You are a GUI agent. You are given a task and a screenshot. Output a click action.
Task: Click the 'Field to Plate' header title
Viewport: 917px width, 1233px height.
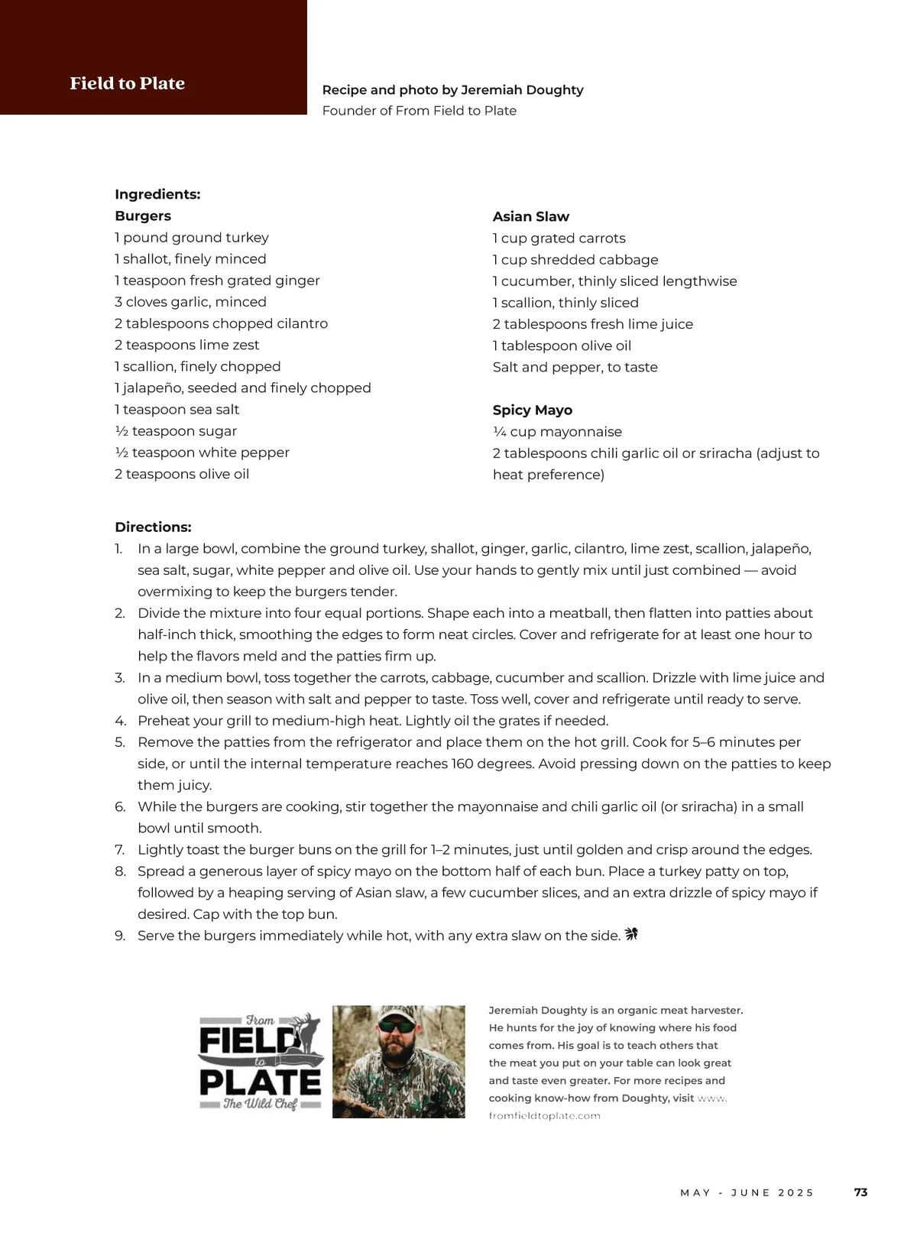coord(127,83)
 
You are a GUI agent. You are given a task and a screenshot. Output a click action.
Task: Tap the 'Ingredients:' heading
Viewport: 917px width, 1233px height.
coord(157,194)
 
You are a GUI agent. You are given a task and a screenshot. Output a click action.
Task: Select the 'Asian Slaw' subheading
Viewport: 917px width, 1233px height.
coord(530,216)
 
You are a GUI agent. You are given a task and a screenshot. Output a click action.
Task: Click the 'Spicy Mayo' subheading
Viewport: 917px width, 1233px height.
coord(532,410)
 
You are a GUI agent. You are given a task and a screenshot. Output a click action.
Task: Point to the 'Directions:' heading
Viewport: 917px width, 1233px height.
coord(153,527)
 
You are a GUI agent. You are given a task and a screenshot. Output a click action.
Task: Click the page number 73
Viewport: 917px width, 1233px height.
coord(860,1192)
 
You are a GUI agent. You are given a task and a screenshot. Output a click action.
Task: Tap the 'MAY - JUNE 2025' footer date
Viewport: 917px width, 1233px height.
coord(747,1192)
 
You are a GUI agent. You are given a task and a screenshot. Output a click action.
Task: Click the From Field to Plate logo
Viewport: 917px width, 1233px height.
coord(261,1063)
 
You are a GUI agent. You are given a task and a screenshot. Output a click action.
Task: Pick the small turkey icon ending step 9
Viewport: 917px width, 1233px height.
coord(631,934)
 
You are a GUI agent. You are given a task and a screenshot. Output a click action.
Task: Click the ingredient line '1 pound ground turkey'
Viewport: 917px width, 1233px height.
coord(192,238)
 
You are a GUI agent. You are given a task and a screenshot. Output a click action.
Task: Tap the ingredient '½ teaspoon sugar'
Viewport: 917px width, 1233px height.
coord(176,431)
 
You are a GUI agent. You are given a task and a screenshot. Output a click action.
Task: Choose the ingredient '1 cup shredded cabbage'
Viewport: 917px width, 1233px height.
coord(575,260)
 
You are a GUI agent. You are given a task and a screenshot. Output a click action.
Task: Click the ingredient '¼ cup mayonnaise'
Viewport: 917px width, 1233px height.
coord(557,432)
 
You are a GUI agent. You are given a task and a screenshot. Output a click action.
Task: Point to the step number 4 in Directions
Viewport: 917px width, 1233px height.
coord(120,721)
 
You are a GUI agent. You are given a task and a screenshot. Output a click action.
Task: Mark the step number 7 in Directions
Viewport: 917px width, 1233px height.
coord(120,850)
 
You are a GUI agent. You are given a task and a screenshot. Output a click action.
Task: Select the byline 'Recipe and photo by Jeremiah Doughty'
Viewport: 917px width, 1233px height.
coord(452,90)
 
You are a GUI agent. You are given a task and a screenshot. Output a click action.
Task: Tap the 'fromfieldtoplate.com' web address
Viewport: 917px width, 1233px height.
coord(544,1116)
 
